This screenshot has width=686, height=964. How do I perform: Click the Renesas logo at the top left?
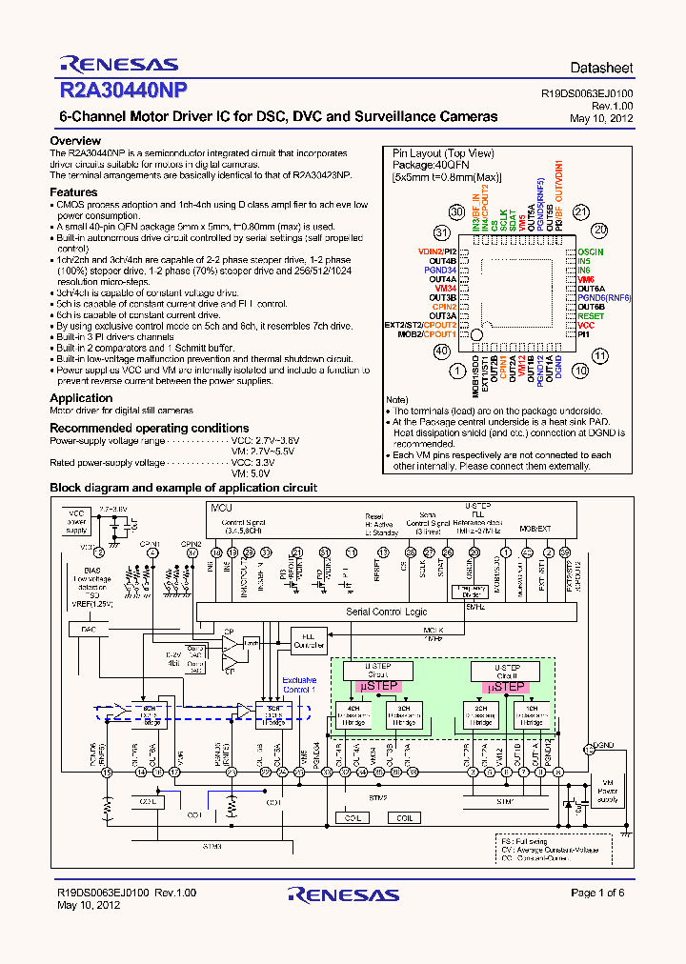tap(118, 65)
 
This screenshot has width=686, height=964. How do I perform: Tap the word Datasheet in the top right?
tap(601, 69)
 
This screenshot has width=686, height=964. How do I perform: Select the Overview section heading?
tap(75, 141)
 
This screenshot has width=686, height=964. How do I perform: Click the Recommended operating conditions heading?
tap(149, 429)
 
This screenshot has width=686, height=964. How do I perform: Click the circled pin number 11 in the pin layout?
tap(600, 355)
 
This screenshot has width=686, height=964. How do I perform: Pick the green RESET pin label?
tap(591, 315)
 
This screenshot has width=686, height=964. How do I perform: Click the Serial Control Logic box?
tap(386, 612)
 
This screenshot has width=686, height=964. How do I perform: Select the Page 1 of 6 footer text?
tap(597, 893)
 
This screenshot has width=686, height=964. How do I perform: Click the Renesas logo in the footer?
tap(343, 895)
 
